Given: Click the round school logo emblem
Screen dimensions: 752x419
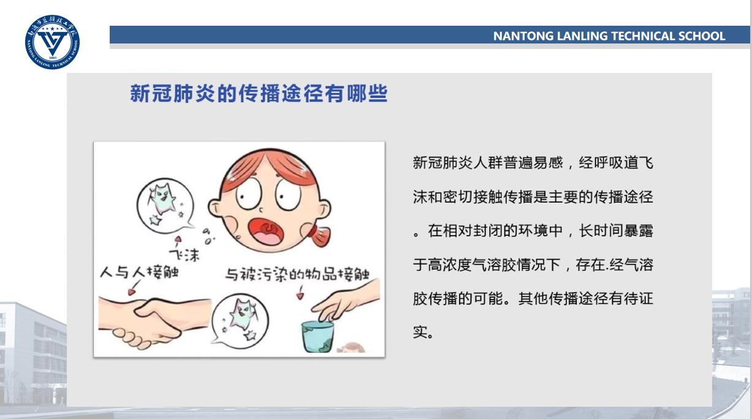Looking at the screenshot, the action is pyautogui.click(x=52, y=42).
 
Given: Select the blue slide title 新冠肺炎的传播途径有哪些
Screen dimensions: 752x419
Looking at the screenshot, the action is pyautogui.click(x=259, y=93).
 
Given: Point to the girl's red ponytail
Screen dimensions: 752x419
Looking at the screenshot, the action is pyautogui.click(x=319, y=235).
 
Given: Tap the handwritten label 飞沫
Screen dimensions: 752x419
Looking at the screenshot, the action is pyautogui.click(x=184, y=255).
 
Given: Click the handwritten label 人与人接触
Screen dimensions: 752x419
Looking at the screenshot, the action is pyautogui.click(x=139, y=272).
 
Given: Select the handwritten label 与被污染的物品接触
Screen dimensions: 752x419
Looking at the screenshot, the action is pyautogui.click(x=297, y=274).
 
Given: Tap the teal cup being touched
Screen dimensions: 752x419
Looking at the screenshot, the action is pyautogui.click(x=317, y=336).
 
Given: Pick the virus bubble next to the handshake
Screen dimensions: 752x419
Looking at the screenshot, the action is pyautogui.click(x=240, y=321).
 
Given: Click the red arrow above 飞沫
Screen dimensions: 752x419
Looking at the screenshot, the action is pyautogui.click(x=178, y=241).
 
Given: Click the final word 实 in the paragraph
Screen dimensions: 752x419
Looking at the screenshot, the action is pyautogui.click(x=420, y=333).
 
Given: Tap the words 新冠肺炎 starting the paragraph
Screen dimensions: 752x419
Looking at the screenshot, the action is pyautogui.click(x=442, y=163).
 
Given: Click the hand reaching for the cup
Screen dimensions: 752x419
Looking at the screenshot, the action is pyautogui.click(x=346, y=301).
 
